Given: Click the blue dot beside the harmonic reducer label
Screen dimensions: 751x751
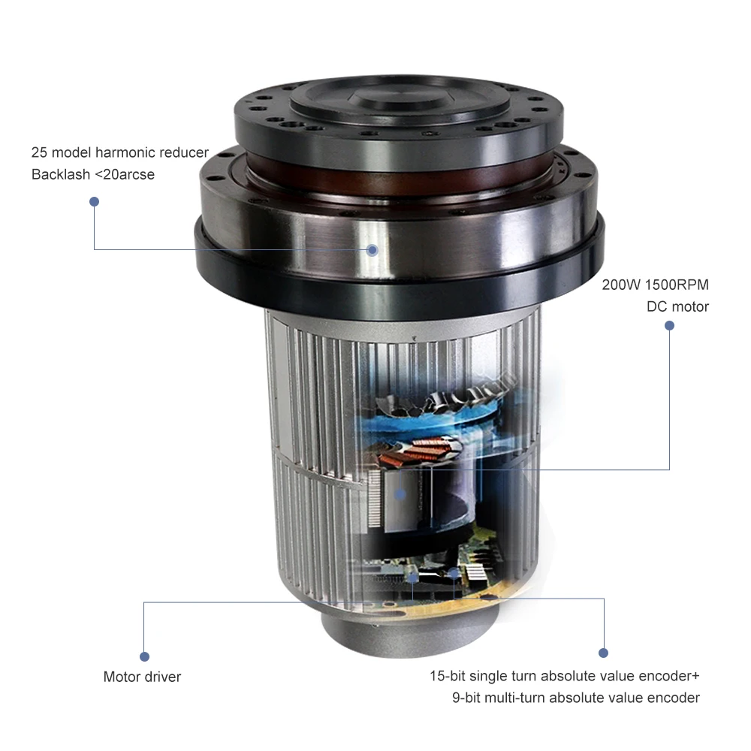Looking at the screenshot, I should point(94,201).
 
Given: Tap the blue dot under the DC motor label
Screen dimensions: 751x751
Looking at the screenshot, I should point(669,326).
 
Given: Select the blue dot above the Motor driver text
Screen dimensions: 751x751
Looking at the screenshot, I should point(144,656).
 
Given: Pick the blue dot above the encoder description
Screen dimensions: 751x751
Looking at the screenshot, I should point(602,653).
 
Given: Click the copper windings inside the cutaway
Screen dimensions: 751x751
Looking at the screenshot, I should point(417,453).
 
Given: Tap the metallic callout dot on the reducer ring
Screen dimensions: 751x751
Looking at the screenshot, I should point(372,249).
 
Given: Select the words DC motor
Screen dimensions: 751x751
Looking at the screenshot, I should point(677,306).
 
